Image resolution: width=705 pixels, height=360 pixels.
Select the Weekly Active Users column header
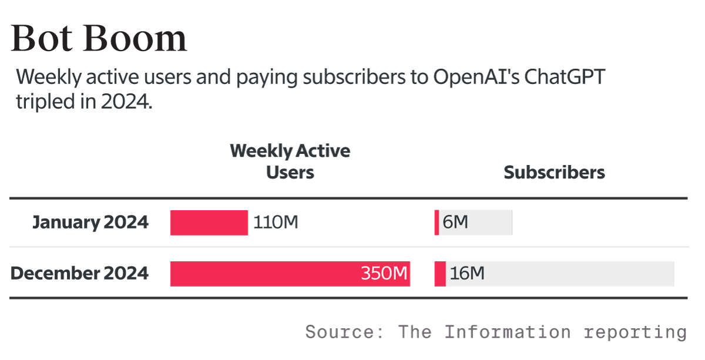pyautogui.click(x=290, y=161)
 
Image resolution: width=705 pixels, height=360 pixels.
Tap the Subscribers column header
pyautogui.click(x=554, y=172)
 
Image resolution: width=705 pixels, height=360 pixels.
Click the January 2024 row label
pyautogui.click(x=90, y=223)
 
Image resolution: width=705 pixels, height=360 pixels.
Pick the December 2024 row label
pyautogui.click(x=79, y=274)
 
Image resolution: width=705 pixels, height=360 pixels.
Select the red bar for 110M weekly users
pyautogui.click(x=209, y=223)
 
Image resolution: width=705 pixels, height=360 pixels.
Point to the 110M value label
pyautogui.click(x=276, y=223)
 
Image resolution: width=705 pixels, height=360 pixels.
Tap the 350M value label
pyautogui.click(x=384, y=274)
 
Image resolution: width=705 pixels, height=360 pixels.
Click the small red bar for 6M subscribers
pyautogui.click(x=437, y=223)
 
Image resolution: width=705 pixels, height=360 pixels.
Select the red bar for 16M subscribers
pyautogui.click(x=440, y=274)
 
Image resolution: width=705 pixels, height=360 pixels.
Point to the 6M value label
pyautogui.click(x=455, y=223)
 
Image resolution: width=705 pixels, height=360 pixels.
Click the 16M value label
pyautogui.click(x=467, y=274)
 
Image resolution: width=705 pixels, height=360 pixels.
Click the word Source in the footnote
pyautogui.click(x=344, y=332)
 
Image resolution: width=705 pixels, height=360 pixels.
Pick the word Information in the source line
pyautogui.click(x=507, y=332)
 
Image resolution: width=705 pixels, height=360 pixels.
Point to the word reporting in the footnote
pyautogui.click(x=635, y=333)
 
